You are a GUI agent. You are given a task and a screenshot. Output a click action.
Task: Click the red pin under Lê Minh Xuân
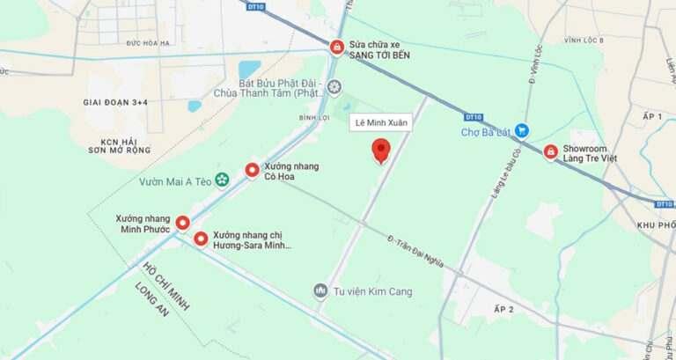tap(380, 150)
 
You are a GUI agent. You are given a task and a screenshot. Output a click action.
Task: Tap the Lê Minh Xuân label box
tap(380, 122)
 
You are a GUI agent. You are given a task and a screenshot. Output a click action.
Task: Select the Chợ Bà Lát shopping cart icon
tap(522, 130)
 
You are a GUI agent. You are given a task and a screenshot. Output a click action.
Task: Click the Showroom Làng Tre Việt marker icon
tap(550, 153)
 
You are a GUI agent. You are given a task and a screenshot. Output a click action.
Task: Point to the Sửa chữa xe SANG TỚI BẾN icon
tap(336, 48)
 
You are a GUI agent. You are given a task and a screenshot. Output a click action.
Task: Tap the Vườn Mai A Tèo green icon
tap(222, 180)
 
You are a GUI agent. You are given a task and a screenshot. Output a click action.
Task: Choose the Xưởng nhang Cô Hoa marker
tap(252, 171)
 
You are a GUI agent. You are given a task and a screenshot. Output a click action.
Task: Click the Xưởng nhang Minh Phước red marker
tap(183, 224)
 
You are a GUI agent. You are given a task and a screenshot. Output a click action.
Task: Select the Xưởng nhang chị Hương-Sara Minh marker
tap(201, 239)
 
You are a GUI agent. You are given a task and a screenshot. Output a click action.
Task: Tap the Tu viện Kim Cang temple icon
tap(320, 290)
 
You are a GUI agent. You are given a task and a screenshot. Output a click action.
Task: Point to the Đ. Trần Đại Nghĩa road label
tap(415, 252)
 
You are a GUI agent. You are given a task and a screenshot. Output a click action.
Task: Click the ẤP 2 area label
tap(503, 310)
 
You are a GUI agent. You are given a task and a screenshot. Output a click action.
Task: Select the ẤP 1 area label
tap(652, 116)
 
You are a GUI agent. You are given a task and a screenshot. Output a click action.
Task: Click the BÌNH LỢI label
tap(314, 117)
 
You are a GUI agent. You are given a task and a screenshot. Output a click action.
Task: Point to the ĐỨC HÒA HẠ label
tap(146, 42)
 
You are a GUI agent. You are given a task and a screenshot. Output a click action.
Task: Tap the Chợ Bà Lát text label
tap(485, 133)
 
